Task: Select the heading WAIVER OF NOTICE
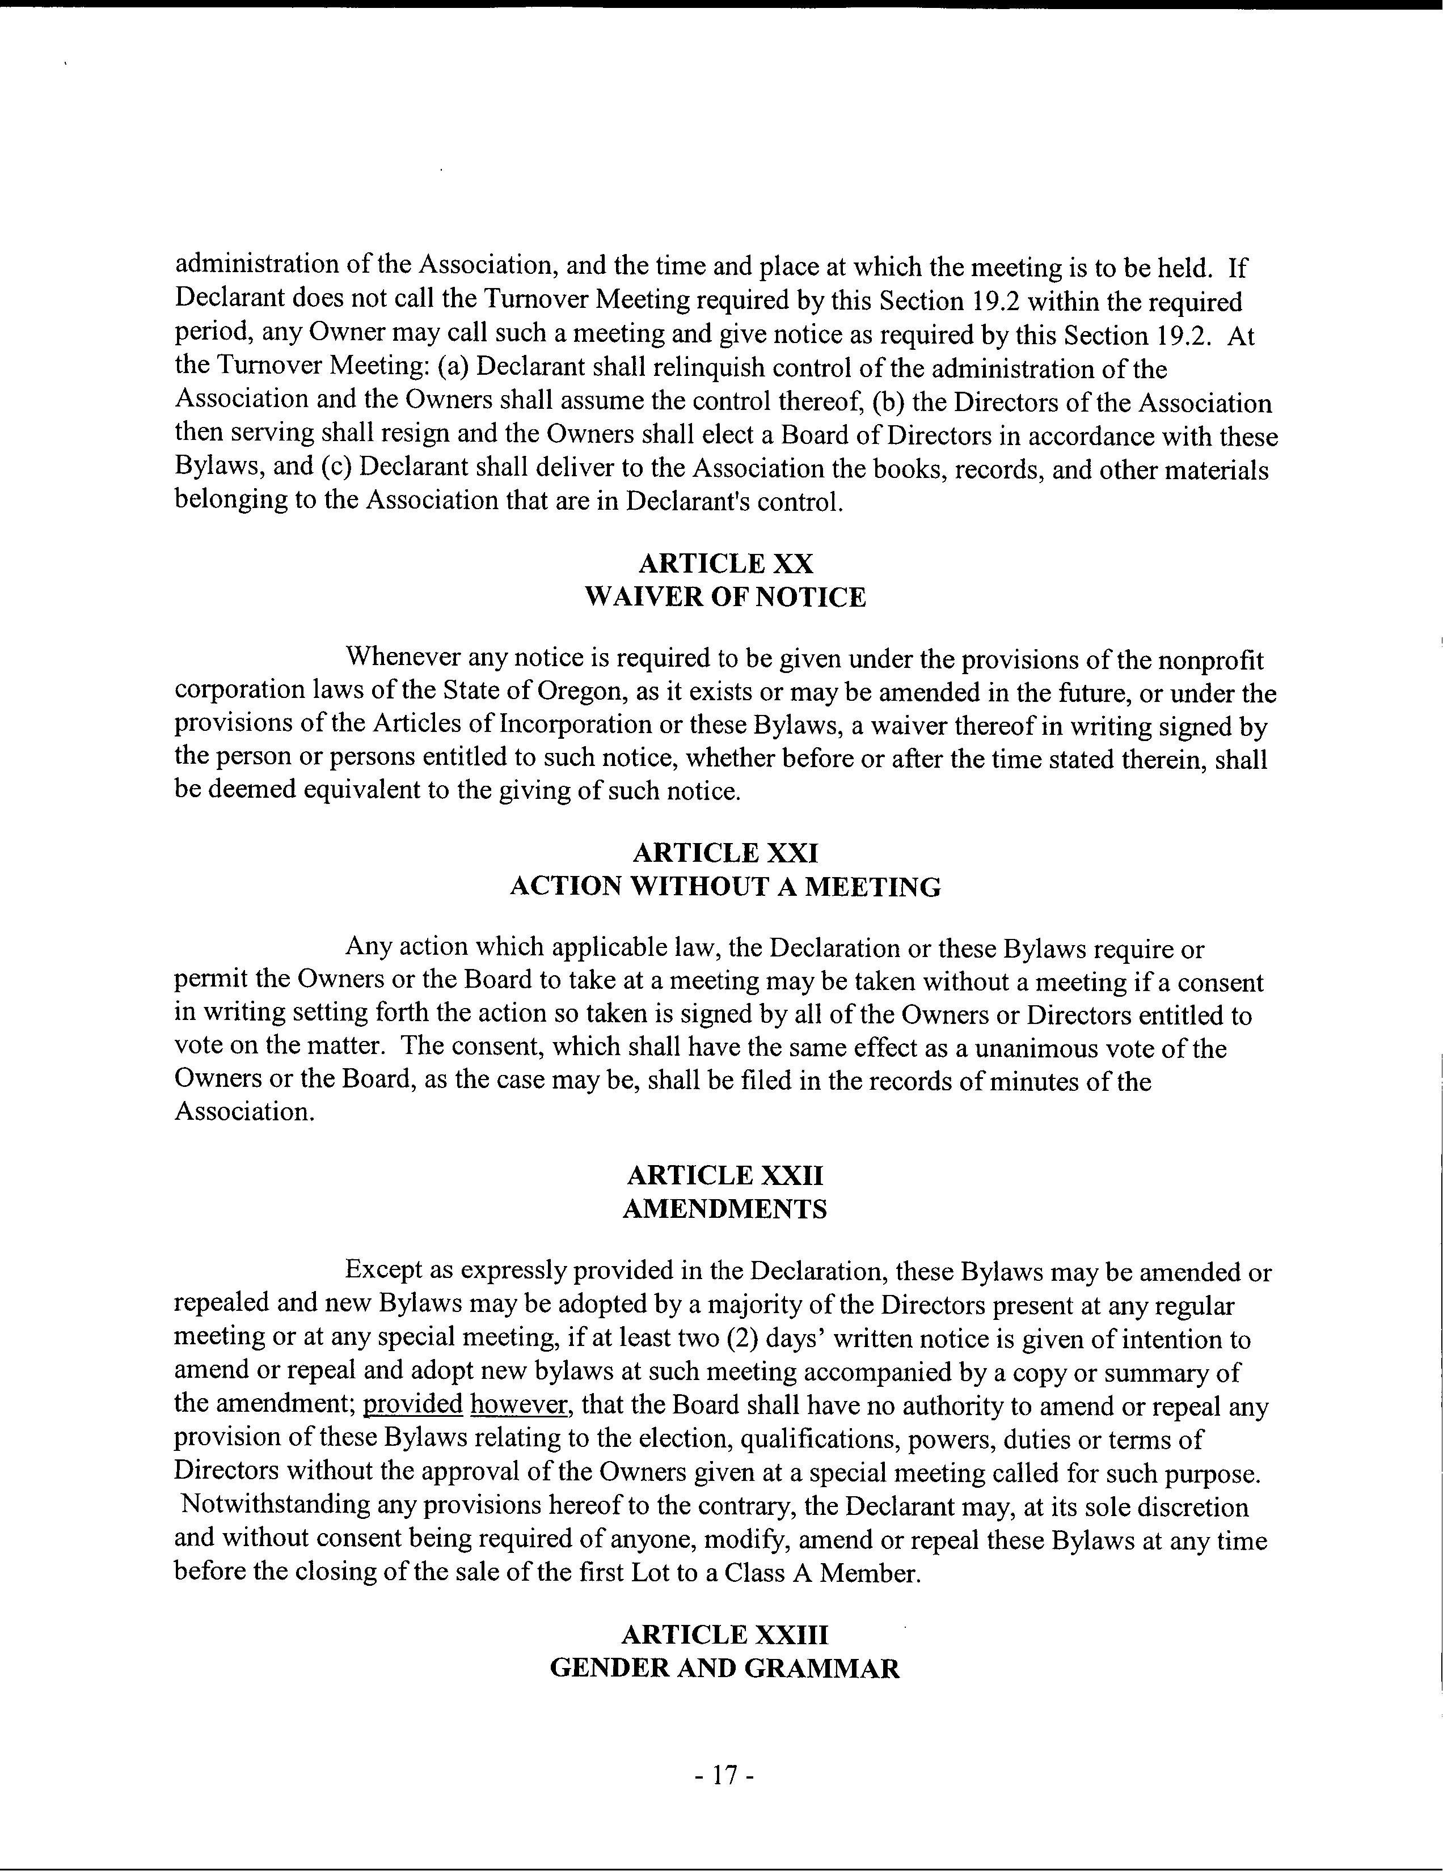click(725, 597)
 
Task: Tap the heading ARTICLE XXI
click(725, 853)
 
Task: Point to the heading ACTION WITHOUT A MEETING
click(725, 887)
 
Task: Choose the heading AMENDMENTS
click(725, 1209)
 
